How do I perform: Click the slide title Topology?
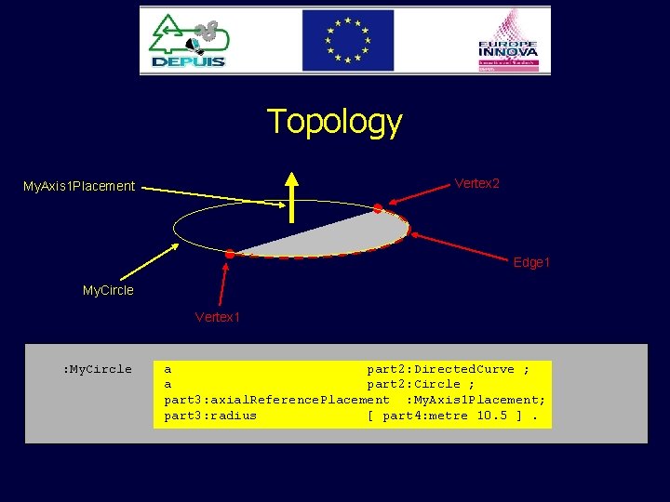(334, 122)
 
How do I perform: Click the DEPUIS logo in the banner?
(189, 41)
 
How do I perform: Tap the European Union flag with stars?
(346, 41)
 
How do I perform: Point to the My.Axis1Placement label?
(79, 187)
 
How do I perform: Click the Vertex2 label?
(476, 183)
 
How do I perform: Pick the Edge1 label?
(531, 263)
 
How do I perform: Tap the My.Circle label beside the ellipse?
(108, 290)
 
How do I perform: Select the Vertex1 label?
(218, 318)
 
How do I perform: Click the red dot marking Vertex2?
(378, 208)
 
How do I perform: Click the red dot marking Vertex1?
(230, 253)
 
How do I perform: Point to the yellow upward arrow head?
(293, 180)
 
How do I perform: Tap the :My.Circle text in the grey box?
(97, 369)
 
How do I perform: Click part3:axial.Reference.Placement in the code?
(276, 400)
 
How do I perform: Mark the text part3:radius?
(210, 416)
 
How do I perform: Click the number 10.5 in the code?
(492, 416)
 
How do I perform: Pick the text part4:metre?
(425, 416)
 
